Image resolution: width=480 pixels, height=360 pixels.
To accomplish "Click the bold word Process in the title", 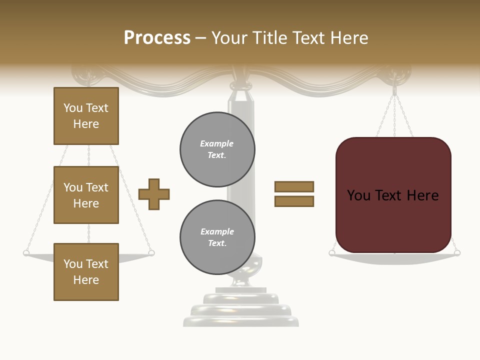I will (x=157, y=38).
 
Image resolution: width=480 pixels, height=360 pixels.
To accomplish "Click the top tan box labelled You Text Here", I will (x=86, y=116).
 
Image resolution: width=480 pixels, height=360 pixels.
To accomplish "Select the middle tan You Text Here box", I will (x=86, y=195).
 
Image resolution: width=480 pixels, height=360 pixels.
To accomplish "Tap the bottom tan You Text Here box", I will (x=86, y=271).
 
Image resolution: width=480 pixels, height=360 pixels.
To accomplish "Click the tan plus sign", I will (x=154, y=194).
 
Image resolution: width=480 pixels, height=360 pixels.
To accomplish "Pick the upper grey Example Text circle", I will (x=217, y=149).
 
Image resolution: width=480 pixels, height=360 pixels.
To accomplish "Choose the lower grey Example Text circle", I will (x=217, y=237).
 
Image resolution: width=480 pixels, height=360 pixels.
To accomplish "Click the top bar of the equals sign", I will (x=294, y=186).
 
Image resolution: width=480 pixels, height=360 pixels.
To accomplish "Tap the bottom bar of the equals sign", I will (x=294, y=201).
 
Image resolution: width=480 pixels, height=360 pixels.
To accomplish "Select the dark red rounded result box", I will (x=393, y=195).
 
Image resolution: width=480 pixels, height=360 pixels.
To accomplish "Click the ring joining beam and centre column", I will (x=241, y=87).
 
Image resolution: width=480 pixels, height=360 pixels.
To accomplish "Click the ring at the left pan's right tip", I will (x=151, y=253).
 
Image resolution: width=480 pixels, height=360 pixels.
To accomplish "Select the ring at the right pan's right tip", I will (x=457, y=253).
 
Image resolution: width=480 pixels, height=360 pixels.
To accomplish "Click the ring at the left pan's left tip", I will (x=26, y=253).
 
